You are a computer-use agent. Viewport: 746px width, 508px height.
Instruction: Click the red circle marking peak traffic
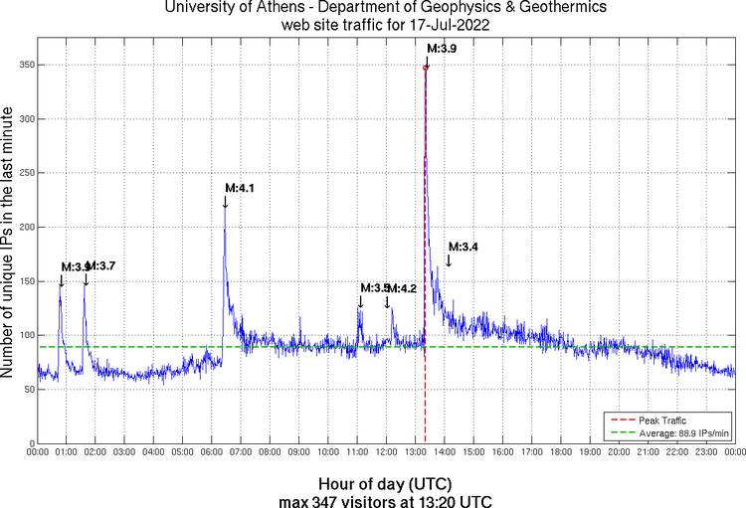tap(426, 68)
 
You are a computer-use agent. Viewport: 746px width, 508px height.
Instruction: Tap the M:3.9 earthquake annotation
tap(442, 47)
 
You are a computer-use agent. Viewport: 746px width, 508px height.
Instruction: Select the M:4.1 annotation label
tap(240, 188)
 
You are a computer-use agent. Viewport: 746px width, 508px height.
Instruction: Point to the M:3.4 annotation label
tap(464, 247)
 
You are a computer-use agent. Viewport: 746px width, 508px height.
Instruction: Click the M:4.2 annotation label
tap(402, 288)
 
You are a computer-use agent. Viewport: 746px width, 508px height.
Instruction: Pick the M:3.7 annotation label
tap(101, 266)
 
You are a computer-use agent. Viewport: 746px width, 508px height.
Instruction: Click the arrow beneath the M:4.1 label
tap(225, 202)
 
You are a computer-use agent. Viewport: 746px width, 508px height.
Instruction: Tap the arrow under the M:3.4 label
tap(449, 259)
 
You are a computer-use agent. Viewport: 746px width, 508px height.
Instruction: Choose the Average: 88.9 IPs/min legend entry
tap(675, 431)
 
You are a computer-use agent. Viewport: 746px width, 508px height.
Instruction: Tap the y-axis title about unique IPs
tap(10, 244)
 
